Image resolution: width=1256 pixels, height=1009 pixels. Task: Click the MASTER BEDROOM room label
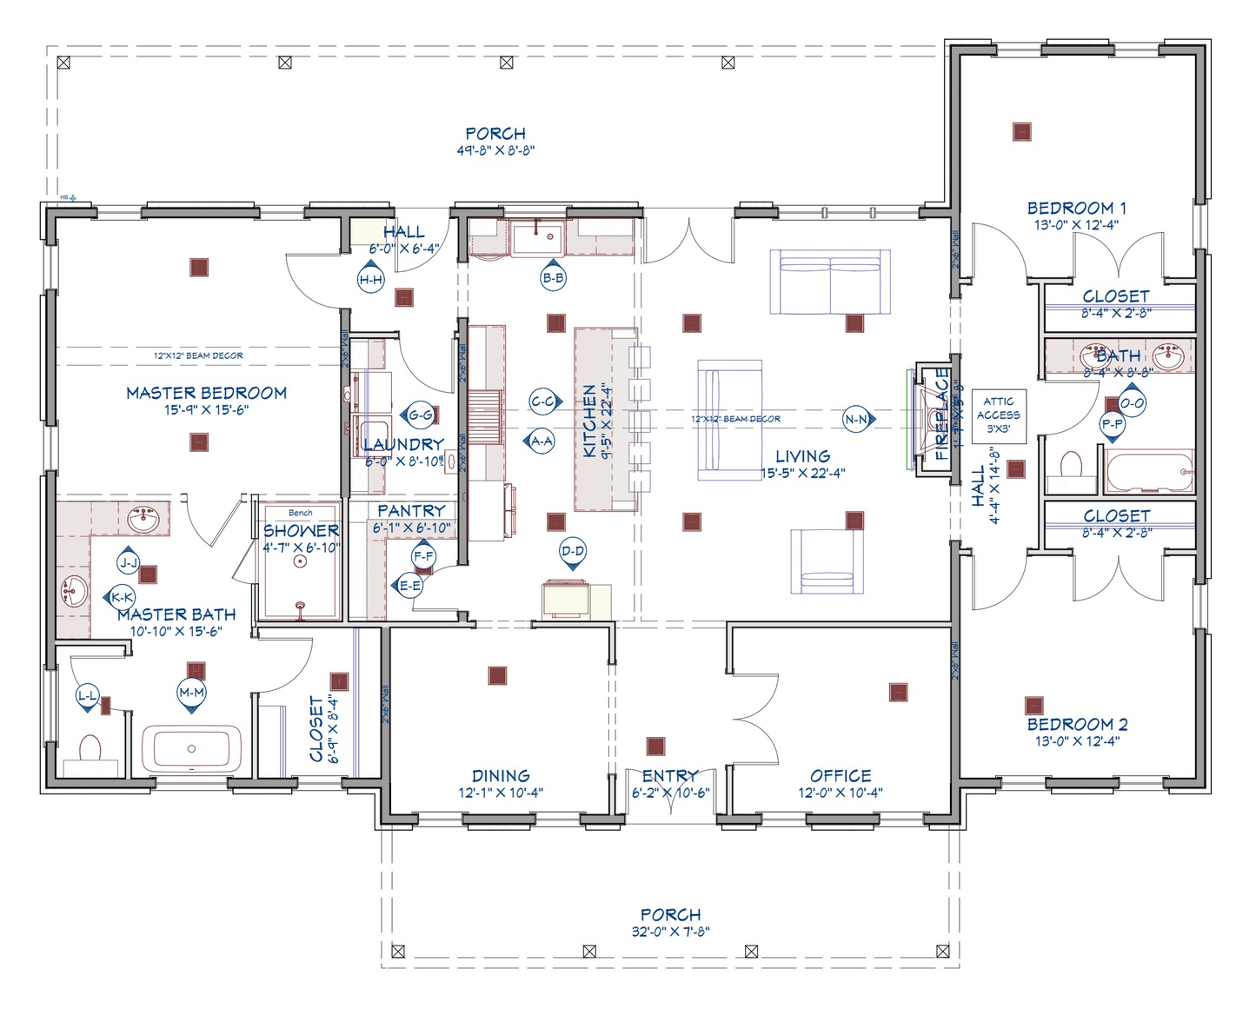click(x=206, y=393)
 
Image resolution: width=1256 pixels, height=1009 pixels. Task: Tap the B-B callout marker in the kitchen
click(x=553, y=278)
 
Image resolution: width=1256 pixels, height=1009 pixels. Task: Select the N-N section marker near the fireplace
click(x=856, y=419)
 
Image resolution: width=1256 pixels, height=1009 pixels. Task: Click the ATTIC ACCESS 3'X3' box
click(x=998, y=415)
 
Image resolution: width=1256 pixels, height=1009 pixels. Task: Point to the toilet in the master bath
click(x=90, y=749)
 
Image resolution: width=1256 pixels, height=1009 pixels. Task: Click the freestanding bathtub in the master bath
click(x=191, y=748)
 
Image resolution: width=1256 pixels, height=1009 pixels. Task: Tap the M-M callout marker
click(x=191, y=693)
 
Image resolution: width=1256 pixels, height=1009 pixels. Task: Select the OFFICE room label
click(x=840, y=775)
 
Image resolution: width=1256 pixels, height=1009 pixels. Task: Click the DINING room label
click(x=501, y=775)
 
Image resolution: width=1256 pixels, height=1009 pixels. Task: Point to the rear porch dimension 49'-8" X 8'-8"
click(x=495, y=150)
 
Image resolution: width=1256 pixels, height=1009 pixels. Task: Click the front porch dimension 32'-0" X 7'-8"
click(x=670, y=932)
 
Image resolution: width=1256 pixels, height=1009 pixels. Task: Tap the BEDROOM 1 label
click(x=1076, y=209)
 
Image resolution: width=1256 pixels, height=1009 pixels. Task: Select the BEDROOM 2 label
click(x=1077, y=725)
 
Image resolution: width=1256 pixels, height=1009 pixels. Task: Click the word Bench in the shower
click(x=300, y=513)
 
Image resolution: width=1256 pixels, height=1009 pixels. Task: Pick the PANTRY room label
click(x=411, y=511)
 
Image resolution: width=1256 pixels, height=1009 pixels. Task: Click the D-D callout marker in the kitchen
click(x=572, y=551)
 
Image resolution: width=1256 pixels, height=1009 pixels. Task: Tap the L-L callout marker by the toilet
click(x=88, y=695)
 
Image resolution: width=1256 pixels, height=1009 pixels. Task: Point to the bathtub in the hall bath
click(x=1149, y=472)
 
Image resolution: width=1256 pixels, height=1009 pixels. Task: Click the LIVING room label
click(x=802, y=456)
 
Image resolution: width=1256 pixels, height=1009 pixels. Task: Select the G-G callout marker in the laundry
click(x=421, y=415)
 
